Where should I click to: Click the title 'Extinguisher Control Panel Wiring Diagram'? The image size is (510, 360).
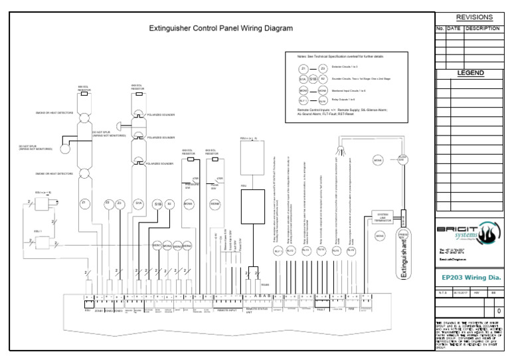pos(220,29)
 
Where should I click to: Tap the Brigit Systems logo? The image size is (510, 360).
pos(469,232)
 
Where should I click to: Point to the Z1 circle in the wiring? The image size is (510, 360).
pos(84,203)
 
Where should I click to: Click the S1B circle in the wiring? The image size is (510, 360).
pos(157,203)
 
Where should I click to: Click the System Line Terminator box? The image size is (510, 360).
pos(382,218)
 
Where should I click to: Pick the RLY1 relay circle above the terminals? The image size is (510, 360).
pos(278,250)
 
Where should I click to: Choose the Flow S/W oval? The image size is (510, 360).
pos(401,159)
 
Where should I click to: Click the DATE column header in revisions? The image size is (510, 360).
pos(453,29)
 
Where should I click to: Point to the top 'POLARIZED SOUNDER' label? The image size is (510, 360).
pos(160,114)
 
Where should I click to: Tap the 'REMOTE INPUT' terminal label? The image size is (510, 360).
pos(226,310)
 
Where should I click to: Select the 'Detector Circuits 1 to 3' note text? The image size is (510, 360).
pos(346,68)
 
